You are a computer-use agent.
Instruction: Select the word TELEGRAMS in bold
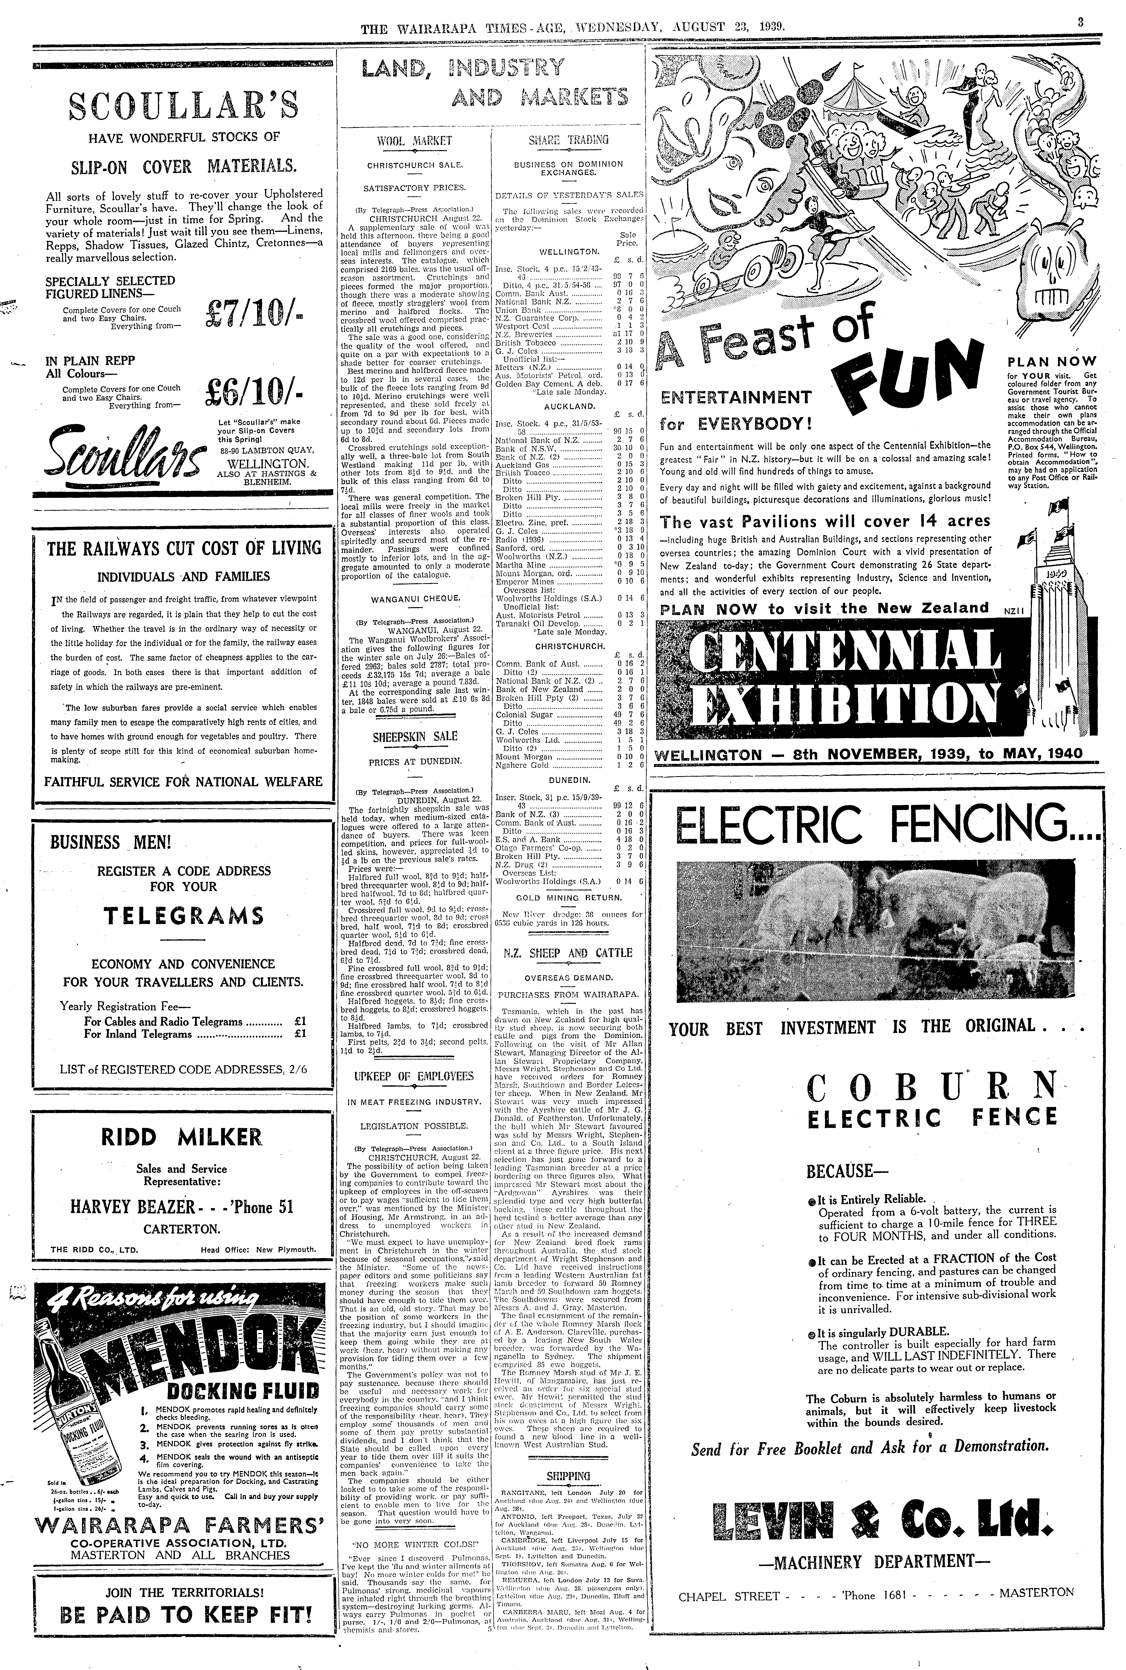pyautogui.click(x=183, y=916)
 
